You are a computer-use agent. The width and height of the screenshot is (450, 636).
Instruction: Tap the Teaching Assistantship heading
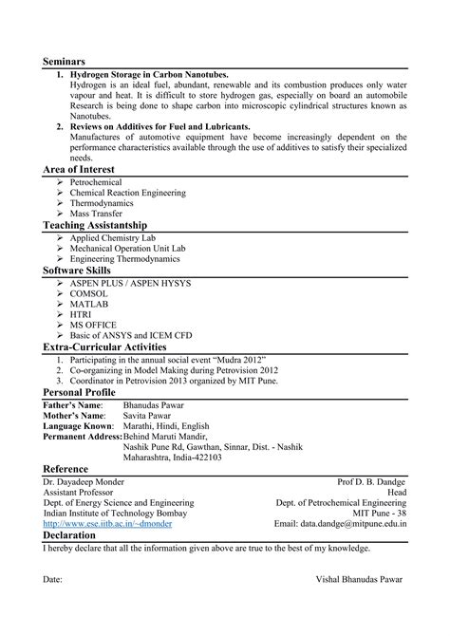(x=95, y=225)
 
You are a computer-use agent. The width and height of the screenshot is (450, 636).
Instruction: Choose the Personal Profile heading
(x=80, y=391)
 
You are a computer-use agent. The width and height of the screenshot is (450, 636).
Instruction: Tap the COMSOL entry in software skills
(x=90, y=293)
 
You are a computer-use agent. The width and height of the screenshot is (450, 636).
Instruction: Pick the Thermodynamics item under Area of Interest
(x=106, y=203)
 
